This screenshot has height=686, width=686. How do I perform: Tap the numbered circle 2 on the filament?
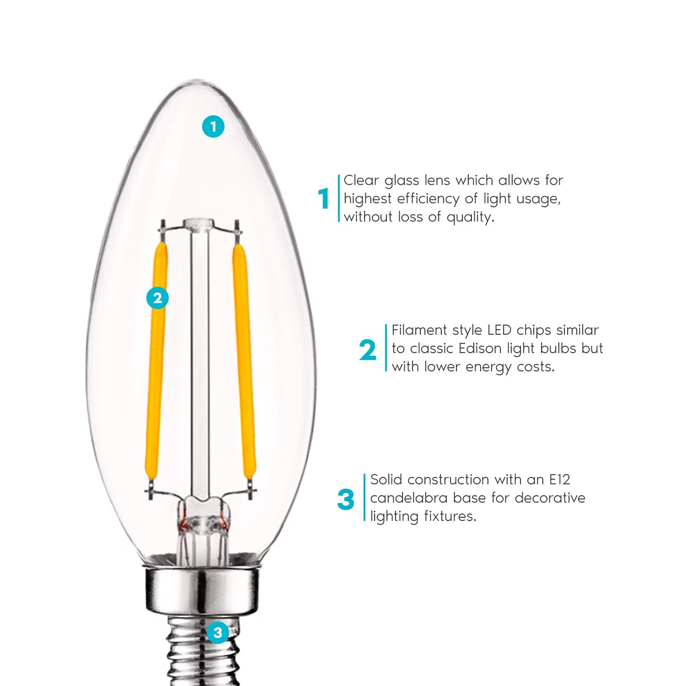(x=157, y=298)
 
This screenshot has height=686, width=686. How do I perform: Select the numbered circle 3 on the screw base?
(x=218, y=633)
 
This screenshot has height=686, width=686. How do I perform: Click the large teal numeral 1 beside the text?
(x=324, y=198)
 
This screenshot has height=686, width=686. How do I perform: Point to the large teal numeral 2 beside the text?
(x=367, y=350)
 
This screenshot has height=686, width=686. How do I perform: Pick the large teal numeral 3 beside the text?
(x=346, y=499)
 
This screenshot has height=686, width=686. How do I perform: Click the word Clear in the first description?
(x=361, y=180)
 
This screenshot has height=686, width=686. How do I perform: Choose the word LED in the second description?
(x=500, y=330)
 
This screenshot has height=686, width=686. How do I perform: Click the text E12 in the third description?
(x=559, y=480)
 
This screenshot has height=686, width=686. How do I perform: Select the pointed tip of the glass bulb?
(x=197, y=81)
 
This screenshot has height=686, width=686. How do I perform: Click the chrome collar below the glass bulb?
(x=201, y=590)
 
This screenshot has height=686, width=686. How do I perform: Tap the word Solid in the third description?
(x=386, y=480)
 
